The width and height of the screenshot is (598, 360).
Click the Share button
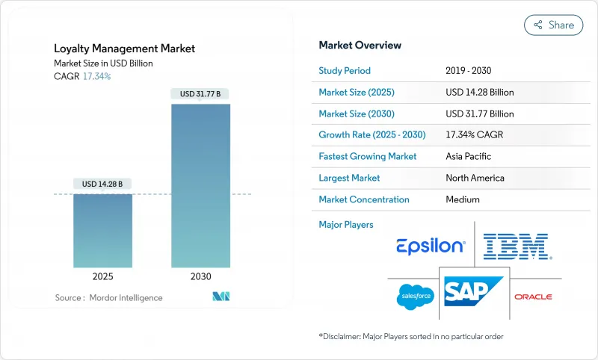click(x=554, y=25)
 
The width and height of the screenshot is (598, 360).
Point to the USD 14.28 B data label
click(x=102, y=184)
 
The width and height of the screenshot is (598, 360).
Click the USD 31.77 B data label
click(x=200, y=93)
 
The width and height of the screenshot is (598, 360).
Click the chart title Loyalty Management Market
click(x=124, y=49)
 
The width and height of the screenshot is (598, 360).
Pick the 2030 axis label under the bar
click(x=200, y=276)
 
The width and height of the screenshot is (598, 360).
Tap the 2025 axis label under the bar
click(x=102, y=276)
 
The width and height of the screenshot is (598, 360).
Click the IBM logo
click(x=516, y=246)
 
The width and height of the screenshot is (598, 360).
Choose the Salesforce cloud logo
click(x=415, y=297)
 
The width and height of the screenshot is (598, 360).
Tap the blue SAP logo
click(x=472, y=291)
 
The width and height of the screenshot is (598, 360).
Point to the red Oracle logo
click(x=533, y=297)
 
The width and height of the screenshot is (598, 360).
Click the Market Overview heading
click(x=360, y=46)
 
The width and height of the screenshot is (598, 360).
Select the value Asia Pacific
click(x=468, y=157)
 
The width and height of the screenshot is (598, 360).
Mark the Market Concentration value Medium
click(x=462, y=199)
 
